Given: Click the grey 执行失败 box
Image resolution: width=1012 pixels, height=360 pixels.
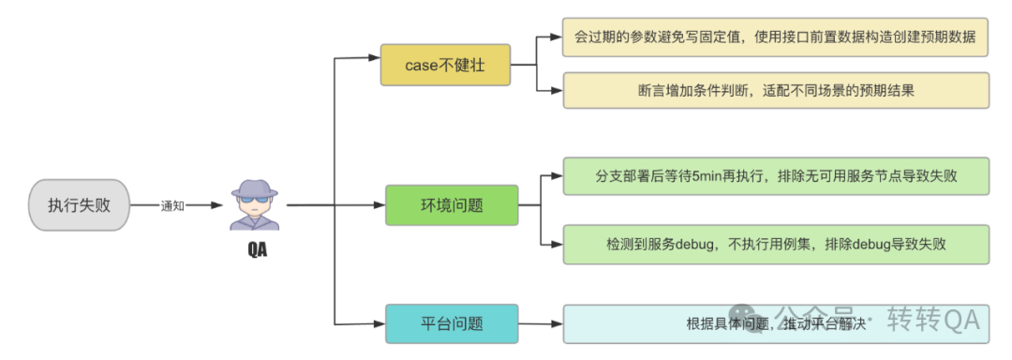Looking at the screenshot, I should point(79,204).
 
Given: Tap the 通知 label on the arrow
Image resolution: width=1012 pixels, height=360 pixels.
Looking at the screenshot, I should point(173,205).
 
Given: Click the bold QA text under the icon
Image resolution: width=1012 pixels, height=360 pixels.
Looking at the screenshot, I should point(256,249).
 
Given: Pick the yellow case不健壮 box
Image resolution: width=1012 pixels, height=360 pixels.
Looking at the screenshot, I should point(445,65).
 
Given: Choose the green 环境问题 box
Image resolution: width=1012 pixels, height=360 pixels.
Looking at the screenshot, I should point(452,205).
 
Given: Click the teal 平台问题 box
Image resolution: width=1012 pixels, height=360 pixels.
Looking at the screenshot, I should point(452,323).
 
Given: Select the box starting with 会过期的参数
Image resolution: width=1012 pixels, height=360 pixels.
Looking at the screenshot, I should point(775,37).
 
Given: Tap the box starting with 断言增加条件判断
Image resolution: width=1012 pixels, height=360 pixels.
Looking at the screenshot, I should point(775,91).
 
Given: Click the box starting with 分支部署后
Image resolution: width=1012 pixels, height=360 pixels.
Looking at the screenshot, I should point(775,176).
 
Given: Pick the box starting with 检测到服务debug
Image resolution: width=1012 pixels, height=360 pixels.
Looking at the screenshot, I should point(775,244).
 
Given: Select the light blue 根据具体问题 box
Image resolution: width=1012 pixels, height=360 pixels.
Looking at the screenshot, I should point(775,323).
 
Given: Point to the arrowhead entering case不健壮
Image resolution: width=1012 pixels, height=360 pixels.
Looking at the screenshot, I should point(374,58).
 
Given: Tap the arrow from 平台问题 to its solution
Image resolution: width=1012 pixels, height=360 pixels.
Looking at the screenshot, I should point(540,324).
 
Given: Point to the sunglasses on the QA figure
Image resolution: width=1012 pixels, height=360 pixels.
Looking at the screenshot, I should point(255,200).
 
